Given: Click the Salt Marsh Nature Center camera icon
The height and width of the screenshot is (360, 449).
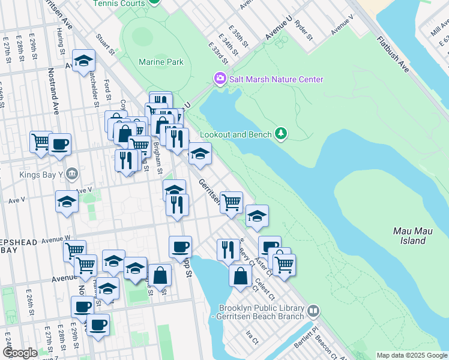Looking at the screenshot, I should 220,79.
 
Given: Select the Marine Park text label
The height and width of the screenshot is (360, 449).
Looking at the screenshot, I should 160,62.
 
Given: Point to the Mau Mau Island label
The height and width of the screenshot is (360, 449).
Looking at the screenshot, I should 409,236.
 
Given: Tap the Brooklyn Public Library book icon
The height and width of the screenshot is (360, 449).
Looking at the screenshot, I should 313,311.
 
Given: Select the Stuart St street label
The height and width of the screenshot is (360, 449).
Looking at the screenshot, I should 105,43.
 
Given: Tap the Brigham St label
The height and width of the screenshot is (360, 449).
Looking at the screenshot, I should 157,157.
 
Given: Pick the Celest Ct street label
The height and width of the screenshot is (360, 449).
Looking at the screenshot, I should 264,289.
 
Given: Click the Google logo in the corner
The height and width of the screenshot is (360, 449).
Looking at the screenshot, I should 20,353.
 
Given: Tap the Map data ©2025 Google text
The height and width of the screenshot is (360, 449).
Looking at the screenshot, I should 411,355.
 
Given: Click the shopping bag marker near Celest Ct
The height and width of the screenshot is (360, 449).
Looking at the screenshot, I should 241,277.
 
